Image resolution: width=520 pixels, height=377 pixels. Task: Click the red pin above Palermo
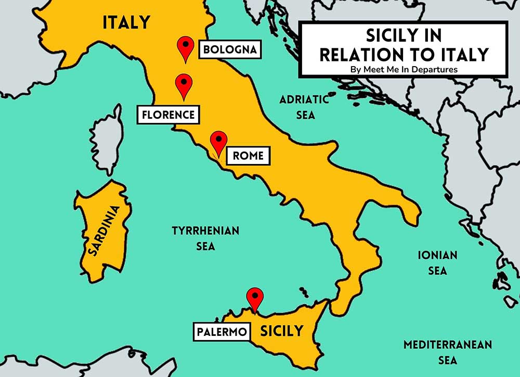click(255, 298)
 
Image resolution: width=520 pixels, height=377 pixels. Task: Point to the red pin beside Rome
click(218, 143)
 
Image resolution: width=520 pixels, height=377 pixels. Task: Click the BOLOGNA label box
click(229, 50)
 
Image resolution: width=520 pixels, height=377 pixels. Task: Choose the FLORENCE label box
click(168, 115)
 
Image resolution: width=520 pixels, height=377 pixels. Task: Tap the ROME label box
click(248, 155)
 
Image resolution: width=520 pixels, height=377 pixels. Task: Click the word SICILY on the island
click(281, 331)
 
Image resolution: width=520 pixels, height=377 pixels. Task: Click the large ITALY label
click(126, 22)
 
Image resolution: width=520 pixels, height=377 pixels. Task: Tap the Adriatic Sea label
click(304, 107)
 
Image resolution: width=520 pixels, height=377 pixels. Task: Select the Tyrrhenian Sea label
click(205, 238)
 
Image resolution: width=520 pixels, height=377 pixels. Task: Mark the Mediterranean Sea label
click(447, 352)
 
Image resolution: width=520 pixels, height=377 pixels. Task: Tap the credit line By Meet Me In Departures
click(404, 68)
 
